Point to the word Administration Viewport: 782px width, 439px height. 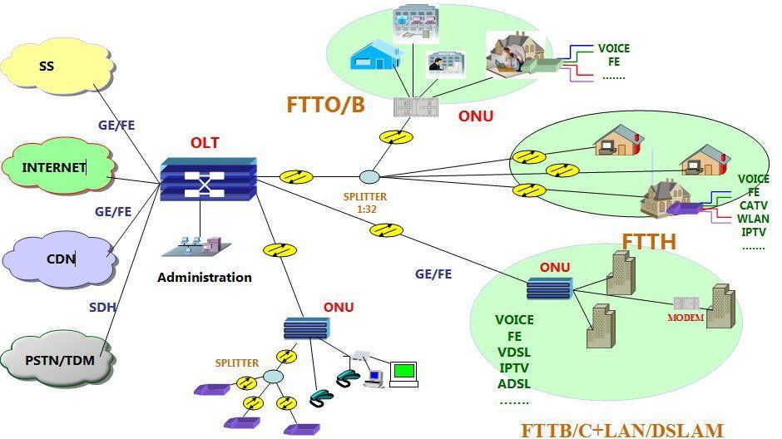pos(205,278)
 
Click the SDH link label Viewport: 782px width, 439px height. pos(102,308)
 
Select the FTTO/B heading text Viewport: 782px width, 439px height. pos(325,105)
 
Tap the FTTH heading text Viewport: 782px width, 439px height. pos(651,241)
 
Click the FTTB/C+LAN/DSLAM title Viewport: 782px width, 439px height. pos(622,430)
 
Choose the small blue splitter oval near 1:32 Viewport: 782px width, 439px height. pos(369,177)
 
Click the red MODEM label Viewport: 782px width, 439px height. pos(686,318)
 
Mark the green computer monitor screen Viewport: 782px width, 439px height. pos(404,372)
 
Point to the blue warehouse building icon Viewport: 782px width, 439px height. pos(378,56)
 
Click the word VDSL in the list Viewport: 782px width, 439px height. pos(514,352)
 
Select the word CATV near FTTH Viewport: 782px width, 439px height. pos(754,205)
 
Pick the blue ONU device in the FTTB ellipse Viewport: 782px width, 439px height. pos(548,289)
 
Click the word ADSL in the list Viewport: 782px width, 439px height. pos(514,383)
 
